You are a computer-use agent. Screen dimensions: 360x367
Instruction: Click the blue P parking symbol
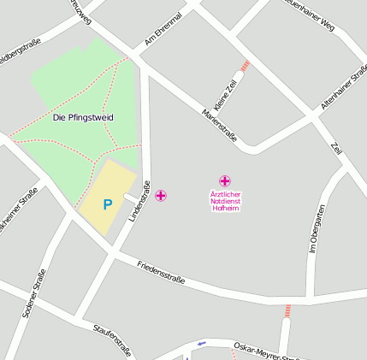(x=108, y=204)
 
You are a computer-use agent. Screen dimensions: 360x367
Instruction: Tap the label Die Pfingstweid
(x=83, y=116)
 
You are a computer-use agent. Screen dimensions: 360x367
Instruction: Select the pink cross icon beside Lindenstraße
(x=161, y=196)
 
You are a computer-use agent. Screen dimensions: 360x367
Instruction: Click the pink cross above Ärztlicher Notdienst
(x=225, y=180)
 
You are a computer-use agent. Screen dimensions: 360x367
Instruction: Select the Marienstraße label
(x=220, y=125)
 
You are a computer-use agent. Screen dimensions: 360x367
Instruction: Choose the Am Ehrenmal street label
(x=163, y=29)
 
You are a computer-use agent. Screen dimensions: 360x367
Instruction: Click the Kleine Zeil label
(x=226, y=94)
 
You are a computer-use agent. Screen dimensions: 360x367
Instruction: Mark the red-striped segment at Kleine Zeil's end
(x=246, y=65)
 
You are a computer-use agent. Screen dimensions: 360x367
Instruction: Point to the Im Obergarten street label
(x=316, y=230)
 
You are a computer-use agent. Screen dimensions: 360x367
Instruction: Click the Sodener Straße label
(x=34, y=293)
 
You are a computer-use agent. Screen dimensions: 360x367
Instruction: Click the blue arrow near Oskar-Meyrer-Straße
(x=202, y=344)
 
